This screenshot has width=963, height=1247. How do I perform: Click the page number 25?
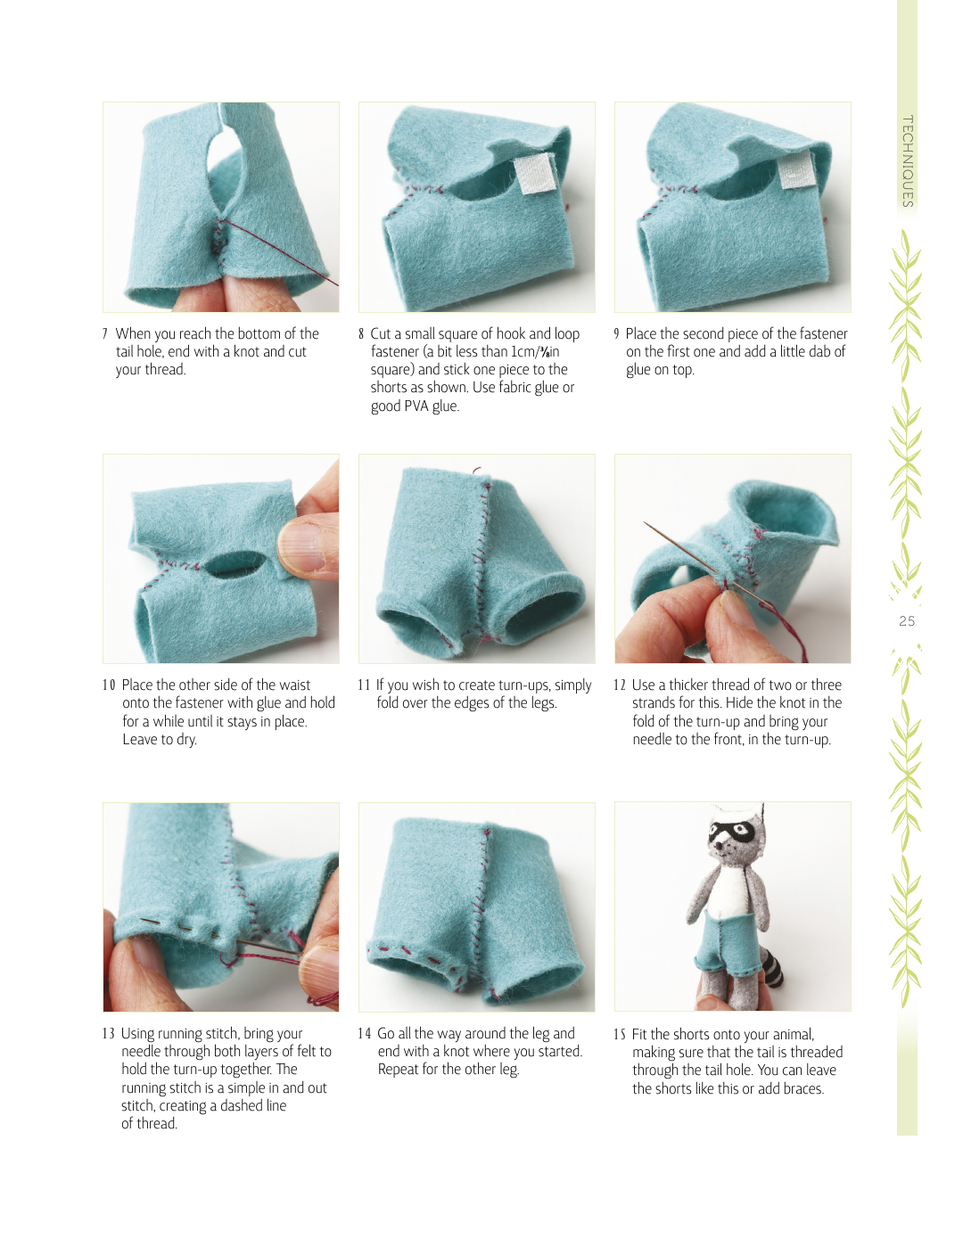[x=907, y=621]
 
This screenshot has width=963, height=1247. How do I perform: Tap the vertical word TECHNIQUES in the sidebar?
[x=908, y=161]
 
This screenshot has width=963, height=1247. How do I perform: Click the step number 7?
[x=105, y=334]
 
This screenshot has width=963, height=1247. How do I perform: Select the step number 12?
[x=619, y=685]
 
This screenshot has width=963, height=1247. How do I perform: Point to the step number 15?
[x=619, y=1035]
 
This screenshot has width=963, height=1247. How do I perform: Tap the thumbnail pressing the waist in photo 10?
[x=300, y=546]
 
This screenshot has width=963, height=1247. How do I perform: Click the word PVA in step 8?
[x=416, y=406]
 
